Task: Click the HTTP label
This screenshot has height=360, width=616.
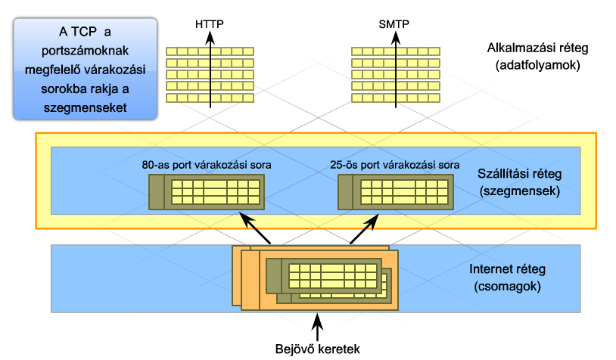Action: [x=210, y=24]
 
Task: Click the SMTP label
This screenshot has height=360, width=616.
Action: [x=394, y=24]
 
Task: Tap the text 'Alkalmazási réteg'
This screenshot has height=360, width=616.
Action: [x=538, y=48]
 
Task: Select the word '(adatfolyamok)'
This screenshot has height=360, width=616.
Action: [x=538, y=65]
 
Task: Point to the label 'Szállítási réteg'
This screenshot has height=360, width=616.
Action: [x=519, y=173]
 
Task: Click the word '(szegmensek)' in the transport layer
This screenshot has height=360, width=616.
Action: [x=519, y=191]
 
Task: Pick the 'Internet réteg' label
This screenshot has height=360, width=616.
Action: [x=507, y=269]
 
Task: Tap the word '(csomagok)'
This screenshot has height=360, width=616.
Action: [x=507, y=287]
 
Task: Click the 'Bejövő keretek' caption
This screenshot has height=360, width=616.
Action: [x=317, y=349]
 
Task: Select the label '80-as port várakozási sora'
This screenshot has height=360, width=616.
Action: [x=207, y=165]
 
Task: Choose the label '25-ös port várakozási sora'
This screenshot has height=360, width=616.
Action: [x=395, y=165]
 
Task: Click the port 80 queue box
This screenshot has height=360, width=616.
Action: [x=207, y=192]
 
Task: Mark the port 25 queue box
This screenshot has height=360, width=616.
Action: [x=396, y=192]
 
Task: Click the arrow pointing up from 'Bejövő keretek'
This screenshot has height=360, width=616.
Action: [x=317, y=327]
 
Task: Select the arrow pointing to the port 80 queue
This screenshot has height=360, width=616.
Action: [x=255, y=228]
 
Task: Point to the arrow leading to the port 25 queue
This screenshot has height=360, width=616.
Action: [x=364, y=229]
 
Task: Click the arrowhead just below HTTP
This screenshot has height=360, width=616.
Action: [x=210, y=38]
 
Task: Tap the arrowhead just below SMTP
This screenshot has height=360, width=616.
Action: [x=396, y=38]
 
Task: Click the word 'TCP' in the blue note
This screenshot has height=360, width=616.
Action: [x=84, y=32]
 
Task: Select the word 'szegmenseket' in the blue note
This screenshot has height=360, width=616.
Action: [x=86, y=107]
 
